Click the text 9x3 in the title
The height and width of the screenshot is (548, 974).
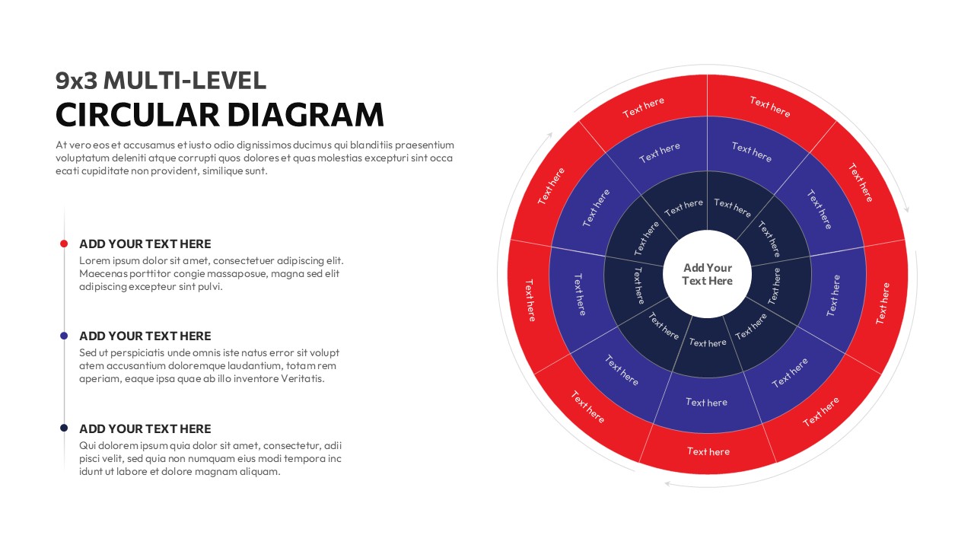pyautogui.click(x=76, y=80)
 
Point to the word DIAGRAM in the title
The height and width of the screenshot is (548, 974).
pyautogui.click(x=306, y=114)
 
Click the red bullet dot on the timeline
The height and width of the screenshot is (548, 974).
pyautogui.click(x=64, y=244)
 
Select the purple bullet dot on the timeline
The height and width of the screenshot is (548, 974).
pyautogui.click(x=64, y=336)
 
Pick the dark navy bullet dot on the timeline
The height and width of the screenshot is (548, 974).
pyautogui.click(x=64, y=429)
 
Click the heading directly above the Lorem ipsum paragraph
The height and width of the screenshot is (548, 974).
pyautogui.click(x=145, y=244)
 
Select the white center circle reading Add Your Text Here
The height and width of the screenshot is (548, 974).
pyautogui.click(x=708, y=274)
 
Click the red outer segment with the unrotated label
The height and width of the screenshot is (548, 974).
pyautogui.click(x=708, y=452)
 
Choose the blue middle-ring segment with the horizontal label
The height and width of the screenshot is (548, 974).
pyautogui.click(x=707, y=403)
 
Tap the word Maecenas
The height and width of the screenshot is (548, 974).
pyautogui.click(x=104, y=274)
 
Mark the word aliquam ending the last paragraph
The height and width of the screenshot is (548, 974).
pyautogui.click(x=259, y=471)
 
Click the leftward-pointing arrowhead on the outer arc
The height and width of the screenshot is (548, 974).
pyautogui.click(x=667, y=484)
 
